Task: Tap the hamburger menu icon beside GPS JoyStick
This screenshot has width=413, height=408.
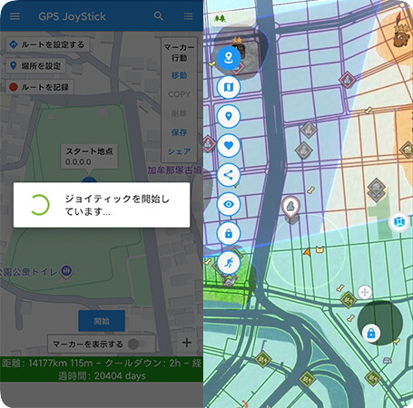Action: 15,15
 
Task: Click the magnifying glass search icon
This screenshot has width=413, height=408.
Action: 159,15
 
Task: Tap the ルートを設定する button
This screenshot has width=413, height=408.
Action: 46,44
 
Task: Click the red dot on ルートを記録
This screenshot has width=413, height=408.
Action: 13,87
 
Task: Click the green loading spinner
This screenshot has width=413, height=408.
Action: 38,204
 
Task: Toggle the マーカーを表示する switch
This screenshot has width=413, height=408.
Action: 134,345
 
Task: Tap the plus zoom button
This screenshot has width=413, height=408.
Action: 187,343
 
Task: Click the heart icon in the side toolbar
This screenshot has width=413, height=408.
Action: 229,145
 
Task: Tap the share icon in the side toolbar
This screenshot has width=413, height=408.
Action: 229,175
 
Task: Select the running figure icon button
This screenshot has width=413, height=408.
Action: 229,262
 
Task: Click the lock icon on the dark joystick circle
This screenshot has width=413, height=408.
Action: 370,334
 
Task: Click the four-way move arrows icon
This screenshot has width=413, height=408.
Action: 364,292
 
